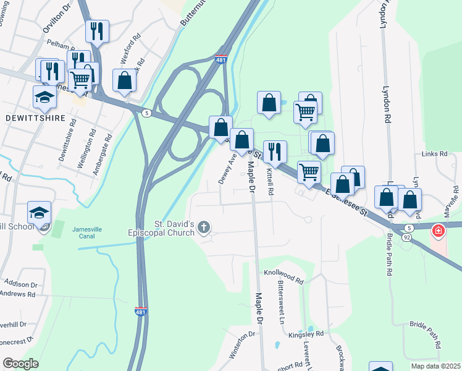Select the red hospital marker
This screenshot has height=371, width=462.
point(439,231)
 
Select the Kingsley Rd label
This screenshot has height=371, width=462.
point(306,334)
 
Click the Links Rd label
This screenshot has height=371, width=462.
point(434,153)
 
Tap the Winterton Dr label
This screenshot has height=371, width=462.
point(242,344)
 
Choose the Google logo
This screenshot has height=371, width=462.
point(21,364)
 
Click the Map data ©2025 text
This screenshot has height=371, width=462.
point(435,366)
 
